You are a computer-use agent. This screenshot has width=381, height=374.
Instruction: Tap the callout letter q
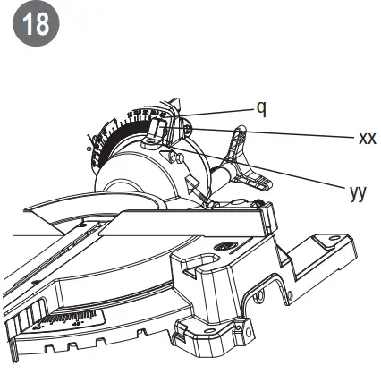(261, 108)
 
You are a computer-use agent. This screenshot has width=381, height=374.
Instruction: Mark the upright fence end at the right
(265, 217)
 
